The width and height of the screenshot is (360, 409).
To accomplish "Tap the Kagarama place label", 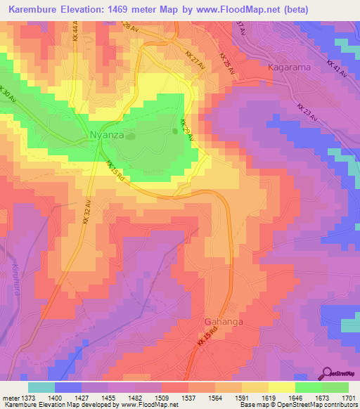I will point(290,67).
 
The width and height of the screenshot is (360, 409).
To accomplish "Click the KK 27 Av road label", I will point(195,58).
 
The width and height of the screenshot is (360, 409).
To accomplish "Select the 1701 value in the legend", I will point(349,397).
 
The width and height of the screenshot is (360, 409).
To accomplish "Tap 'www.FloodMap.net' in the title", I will point(224,9).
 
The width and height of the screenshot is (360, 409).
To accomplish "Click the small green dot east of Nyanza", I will point(176,131).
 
